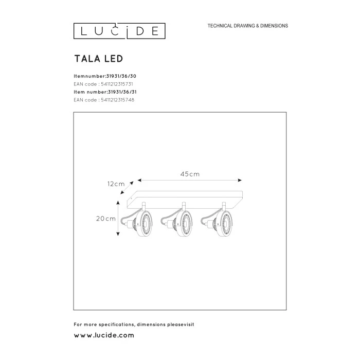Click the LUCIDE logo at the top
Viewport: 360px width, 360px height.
pyautogui.click(x=119, y=31)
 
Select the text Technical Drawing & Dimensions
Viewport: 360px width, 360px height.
pyautogui.click(x=247, y=26)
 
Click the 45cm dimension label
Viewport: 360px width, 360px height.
pyautogui.click(x=190, y=174)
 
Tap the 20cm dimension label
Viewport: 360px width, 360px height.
pyautogui.click(x=106, y=219)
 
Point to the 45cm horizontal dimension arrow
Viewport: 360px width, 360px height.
pyautogui.click(x=190, y=181)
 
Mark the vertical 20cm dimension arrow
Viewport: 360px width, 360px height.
pyautogui.click(x=119, y=219)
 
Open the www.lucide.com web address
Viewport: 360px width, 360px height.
pyautogui.click(x=104, y=335)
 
